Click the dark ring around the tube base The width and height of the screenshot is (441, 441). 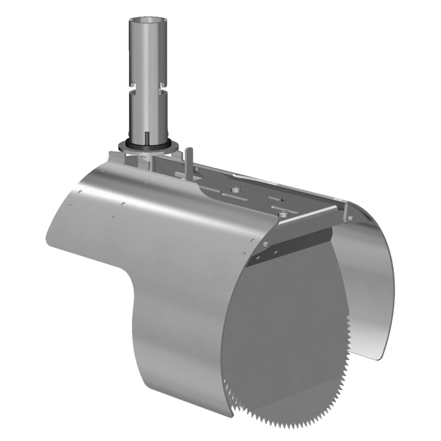point(145,145)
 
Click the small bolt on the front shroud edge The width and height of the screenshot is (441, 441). point(264,245)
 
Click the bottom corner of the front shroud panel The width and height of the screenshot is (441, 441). point(231,415)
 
